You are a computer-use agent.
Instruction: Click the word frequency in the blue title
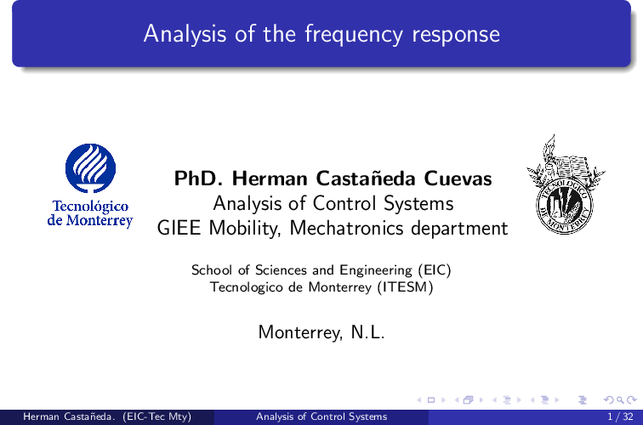point(354,35)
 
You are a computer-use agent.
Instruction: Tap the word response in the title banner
point(456,36)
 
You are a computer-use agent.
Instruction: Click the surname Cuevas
point(458,178)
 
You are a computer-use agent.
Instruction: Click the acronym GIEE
point(179,228)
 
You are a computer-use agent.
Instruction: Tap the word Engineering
point(376,270)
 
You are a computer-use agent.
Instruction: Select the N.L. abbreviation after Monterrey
point(367,332)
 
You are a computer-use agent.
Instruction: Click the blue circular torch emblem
point(91,168)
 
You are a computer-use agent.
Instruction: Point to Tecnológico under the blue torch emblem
point(90,207)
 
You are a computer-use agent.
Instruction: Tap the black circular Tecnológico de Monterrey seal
point(565,207)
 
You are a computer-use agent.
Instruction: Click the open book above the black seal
point(571,167)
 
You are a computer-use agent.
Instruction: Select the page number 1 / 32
point(620,416)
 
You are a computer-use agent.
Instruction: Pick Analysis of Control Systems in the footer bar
point(321,416)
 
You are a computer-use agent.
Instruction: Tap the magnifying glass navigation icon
point(621,400)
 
